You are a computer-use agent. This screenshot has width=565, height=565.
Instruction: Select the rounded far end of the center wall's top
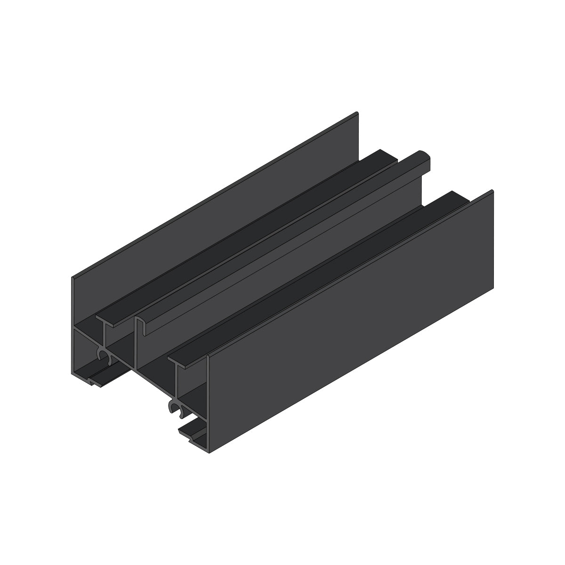pos(424,157)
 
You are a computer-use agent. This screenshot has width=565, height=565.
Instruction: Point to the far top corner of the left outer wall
pos(357,113)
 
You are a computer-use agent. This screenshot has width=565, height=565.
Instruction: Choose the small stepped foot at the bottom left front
pos(97,383)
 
